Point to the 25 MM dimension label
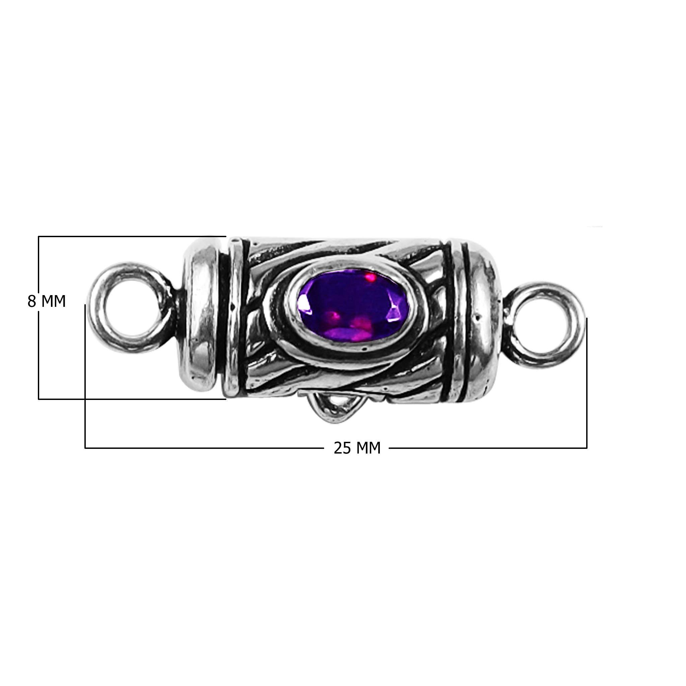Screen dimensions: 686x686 click(357, 448)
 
